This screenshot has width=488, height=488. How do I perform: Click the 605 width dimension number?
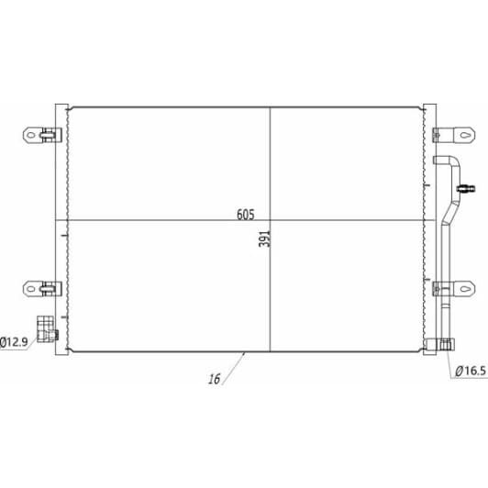click(246, 215)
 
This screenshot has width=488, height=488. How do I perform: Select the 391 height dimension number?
click(265, 238)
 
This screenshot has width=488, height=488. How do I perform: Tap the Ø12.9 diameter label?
click(14, 342)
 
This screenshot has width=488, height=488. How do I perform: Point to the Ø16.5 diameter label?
click(471, 371)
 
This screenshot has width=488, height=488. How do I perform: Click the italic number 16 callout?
click(214, 379)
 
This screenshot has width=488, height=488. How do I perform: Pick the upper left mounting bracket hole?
click(31, 135)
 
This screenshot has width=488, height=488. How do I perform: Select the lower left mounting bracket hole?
click(31, 289)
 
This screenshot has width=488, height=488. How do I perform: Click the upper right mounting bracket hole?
click(465, 135)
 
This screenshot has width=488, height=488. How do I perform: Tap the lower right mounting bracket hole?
click(465, 289)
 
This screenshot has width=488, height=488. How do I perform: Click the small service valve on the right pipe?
click(466, 188)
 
